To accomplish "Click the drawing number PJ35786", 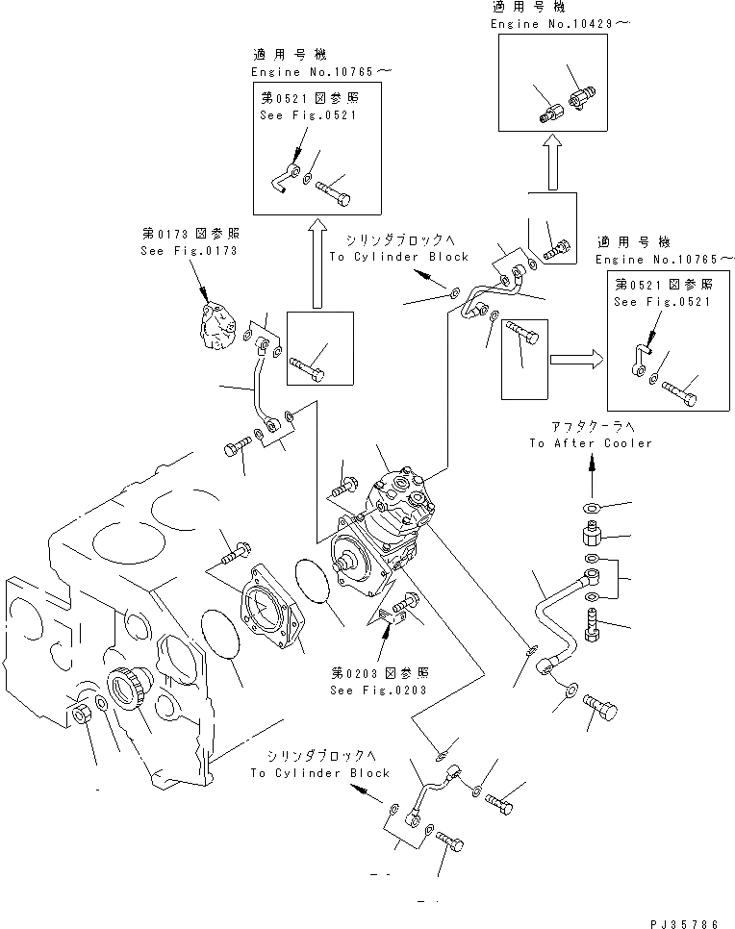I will (683, 923).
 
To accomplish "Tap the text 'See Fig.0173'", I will (187, 251).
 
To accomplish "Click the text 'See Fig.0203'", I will (379, 690).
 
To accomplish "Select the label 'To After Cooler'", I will (590, 443).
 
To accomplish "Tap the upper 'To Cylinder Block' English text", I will (398, 257).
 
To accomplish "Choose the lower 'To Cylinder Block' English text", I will (320, 772).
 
